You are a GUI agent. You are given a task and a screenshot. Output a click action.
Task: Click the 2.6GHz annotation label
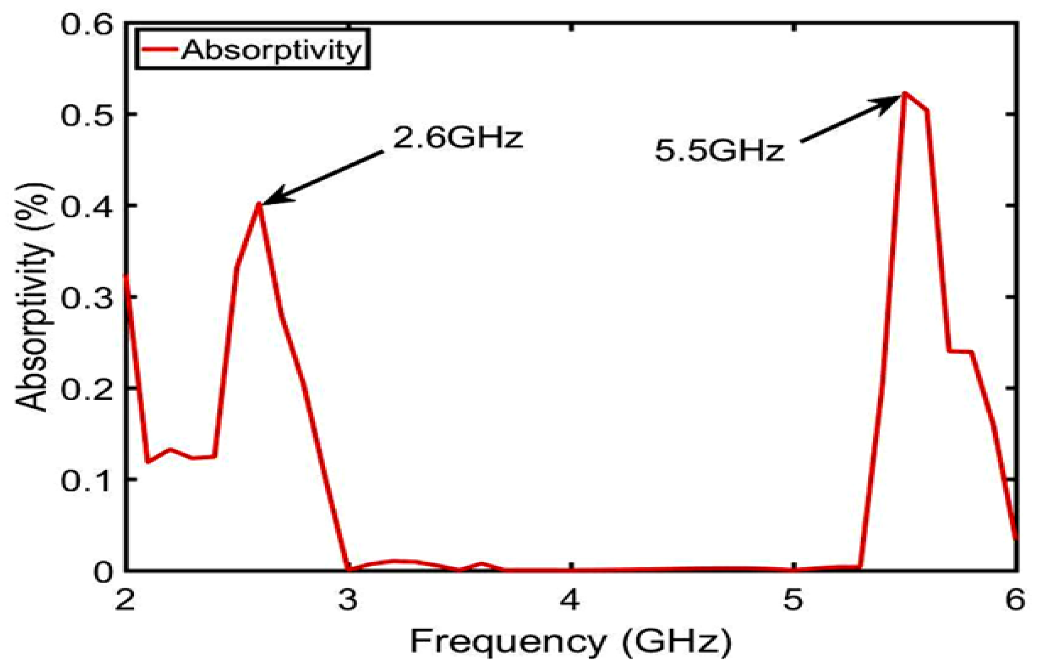click(458, 138)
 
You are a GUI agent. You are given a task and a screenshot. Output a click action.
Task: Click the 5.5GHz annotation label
click(719, 151)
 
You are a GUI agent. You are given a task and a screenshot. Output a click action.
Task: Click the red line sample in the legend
click(158, 49)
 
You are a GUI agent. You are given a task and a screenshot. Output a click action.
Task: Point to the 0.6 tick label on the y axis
click(86, 24)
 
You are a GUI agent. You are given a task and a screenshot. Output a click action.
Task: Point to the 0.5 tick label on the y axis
click(86, 115)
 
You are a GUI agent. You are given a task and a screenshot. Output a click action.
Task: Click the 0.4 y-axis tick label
click(86, 206)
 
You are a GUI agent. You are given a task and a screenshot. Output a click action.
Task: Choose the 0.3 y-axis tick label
click(86, 297)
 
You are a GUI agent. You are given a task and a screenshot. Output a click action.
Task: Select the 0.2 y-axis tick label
click(86, 388)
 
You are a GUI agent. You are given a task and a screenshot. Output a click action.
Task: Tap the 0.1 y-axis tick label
click(86, 480)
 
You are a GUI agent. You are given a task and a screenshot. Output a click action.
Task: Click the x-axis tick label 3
click(348, 599)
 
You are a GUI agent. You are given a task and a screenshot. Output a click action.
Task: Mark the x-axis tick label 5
click(793, 599)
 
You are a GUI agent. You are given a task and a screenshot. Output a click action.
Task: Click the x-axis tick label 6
click(1016, 599)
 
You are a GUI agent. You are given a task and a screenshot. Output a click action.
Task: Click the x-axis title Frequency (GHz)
click(571, 642)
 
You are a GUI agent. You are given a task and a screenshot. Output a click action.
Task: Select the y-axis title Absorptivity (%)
click(33, 297)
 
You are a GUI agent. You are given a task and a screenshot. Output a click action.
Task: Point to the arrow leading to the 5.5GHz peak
click(850, 119)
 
